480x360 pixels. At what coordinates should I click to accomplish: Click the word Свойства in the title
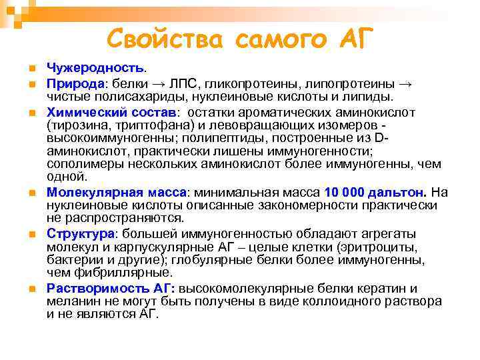pyautogui.click(x=167, y=38)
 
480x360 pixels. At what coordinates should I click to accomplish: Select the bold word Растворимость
pyautogui.click(x=89, y=289)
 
